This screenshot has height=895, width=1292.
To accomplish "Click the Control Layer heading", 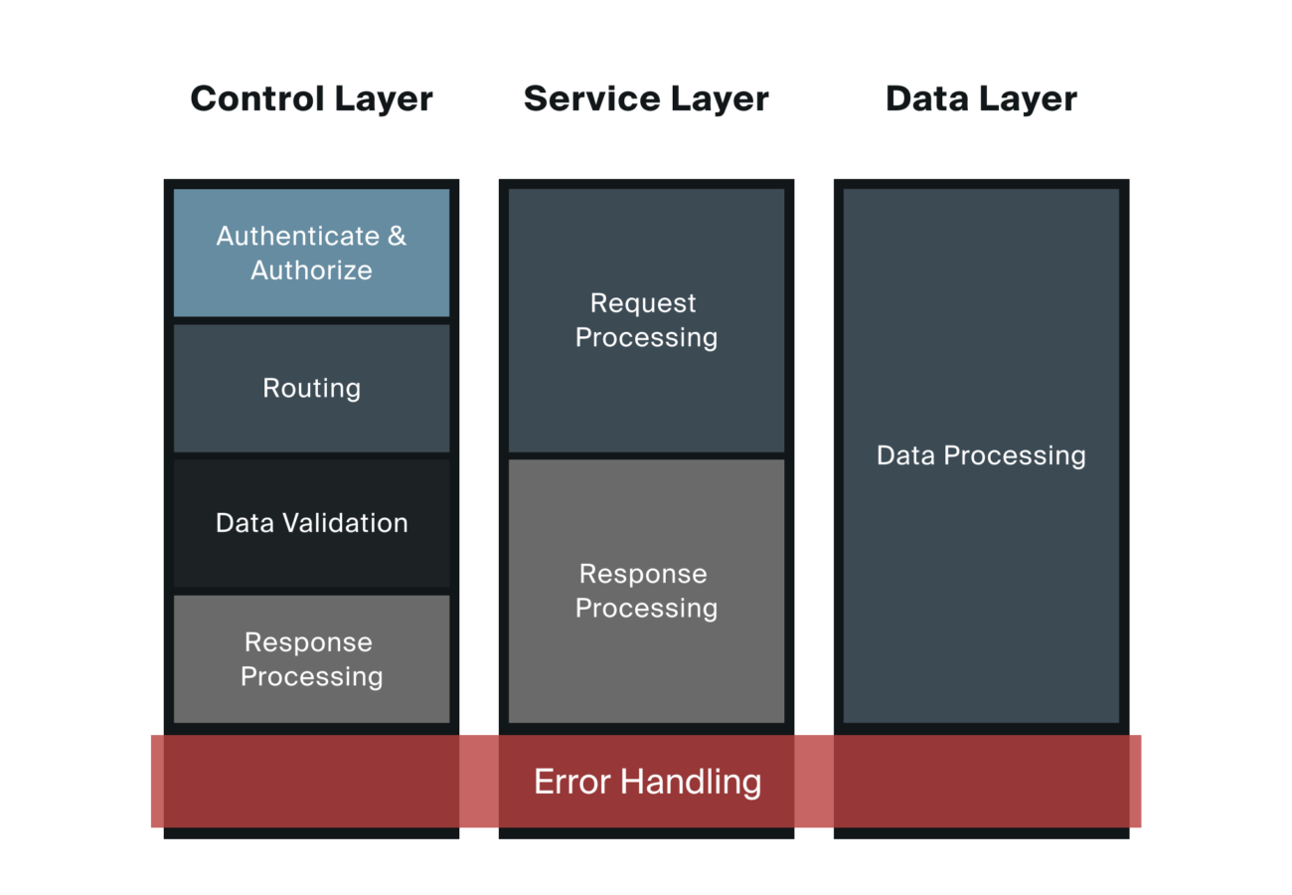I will tap(311, 99).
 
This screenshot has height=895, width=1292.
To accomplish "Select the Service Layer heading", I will tap(646, 99).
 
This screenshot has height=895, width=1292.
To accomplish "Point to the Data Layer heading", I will tap(981, 99).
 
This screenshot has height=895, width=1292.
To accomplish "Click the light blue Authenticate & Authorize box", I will tap(311, 253).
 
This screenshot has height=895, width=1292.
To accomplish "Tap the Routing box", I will tap(311, 388).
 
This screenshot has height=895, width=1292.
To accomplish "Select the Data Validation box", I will tap(311, 523).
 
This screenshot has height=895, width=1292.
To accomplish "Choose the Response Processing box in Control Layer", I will tap(311, 659).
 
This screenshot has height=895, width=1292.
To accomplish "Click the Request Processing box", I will tap(646, 320).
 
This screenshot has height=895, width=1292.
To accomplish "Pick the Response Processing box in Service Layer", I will tap(646, 591).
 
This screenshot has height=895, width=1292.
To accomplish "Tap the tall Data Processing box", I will tap(981, 455).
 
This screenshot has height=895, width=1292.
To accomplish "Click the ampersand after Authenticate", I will tap(397, 237).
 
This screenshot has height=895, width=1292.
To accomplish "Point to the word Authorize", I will tap(311, 270).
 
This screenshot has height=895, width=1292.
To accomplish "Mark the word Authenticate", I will tap(298, 237).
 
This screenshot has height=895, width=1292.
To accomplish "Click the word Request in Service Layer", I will tap(643, 303).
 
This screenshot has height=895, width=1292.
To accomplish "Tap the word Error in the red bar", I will tap(572, 782).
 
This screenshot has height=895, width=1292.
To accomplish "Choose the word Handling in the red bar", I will tap(691, 782).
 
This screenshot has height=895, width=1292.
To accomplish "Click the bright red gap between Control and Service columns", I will tap(479, 782).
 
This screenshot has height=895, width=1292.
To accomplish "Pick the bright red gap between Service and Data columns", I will tap(814, 782).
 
